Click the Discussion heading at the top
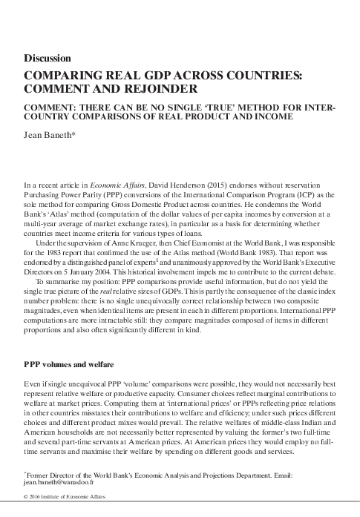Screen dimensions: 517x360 pyautogui.click(x=48, y=58)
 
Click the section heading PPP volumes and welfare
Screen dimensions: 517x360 pyautogui.click(x=69, y=366)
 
